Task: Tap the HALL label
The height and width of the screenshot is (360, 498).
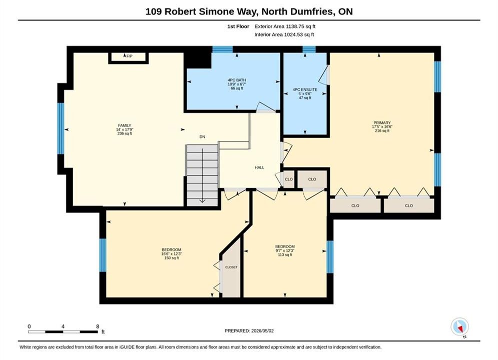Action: (x=259, y=167)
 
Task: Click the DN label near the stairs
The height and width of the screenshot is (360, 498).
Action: (x=202, y=136)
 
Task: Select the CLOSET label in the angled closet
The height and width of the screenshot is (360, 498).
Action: (x=231, y=267)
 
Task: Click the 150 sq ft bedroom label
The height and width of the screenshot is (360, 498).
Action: (x=172, y=253)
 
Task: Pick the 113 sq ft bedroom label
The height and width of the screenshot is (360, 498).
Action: (x=285, y=250)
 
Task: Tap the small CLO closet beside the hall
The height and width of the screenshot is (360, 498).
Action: (x=289, y=179)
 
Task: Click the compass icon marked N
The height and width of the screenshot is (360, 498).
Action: (x=459, y=327)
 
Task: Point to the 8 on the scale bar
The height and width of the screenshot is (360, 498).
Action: (x=98, y=326)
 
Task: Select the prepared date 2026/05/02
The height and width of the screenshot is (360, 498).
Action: (x=262, y=331)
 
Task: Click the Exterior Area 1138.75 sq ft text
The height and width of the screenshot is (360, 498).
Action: (x=285, y=26)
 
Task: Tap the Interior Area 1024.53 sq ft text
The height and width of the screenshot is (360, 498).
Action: (x=284, y=34)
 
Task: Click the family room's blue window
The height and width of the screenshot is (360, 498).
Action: (x=61, y=128)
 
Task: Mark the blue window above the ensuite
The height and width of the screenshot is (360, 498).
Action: (x=309, y=49)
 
